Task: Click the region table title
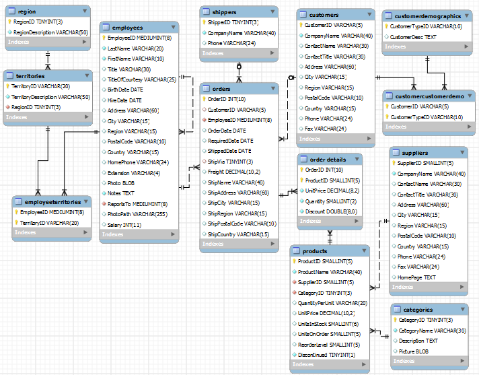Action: (x=27, y=11)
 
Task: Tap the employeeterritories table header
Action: (x=52, y=201)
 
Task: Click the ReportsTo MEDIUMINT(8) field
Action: (x=137, y=203)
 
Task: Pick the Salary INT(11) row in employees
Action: (x=124, y=224)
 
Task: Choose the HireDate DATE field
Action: (x=124, y=100)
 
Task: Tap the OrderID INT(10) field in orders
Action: (x=226, y=99)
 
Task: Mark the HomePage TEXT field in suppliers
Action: (x=416, y=277)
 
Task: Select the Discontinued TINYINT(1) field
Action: (x=326, y=354)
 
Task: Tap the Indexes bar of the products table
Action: (x=330, y=365)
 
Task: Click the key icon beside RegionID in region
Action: (x=9, y=22)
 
